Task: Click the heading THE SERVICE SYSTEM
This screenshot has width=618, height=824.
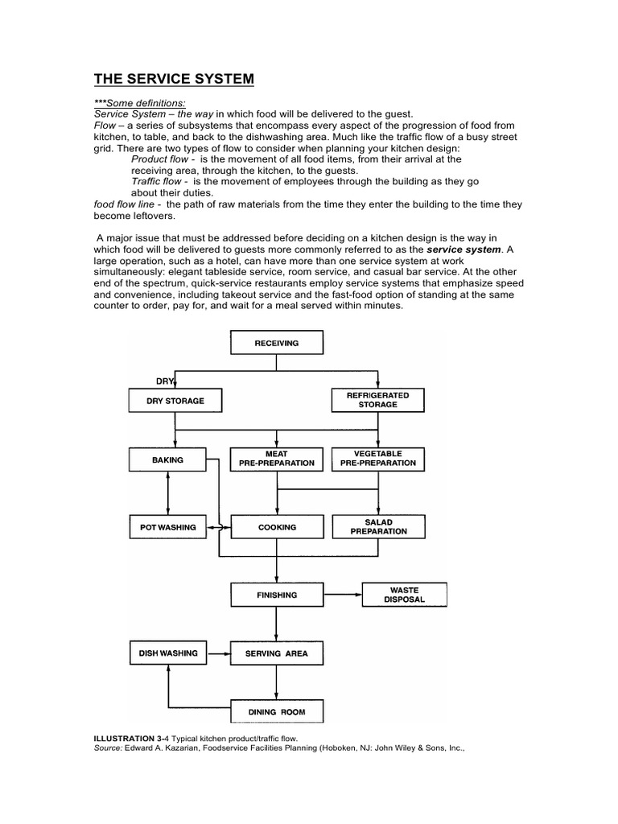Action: tap(174, 79)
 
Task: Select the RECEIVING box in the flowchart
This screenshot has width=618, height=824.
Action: tap(277, 343)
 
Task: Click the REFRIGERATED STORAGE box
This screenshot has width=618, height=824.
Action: tap(378, 400)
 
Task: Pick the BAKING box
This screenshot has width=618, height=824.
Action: tap(167, 459)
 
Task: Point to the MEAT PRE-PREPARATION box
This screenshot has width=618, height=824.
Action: tap(277, 459)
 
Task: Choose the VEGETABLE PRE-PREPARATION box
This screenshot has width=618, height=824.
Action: tap(378, 459)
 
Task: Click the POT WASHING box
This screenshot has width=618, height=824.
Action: tap(167, 527)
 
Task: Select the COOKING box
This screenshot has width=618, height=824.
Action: tap(277, 527)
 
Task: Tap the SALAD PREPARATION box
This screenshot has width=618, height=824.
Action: tap(378, 527)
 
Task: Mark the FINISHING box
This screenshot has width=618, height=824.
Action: tap(277, 595)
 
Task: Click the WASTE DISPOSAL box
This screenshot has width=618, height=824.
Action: tap(404, 595)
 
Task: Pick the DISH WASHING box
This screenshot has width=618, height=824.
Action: tap(167, 653)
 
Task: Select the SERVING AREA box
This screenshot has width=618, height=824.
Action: tap(277, 653)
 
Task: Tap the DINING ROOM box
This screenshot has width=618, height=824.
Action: tap(277, 712)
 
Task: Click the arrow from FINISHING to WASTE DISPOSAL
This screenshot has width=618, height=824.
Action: tap(342, 595)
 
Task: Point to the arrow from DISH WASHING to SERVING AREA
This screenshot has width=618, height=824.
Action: tap(219, 653)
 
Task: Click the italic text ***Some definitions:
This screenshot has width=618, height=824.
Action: tap(140, 103)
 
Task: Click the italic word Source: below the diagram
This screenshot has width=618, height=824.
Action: tap(109, 748)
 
